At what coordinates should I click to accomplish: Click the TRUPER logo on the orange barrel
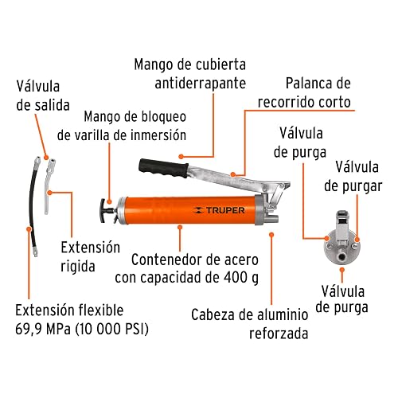(x=219, y=210)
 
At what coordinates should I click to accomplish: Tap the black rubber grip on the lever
(x=163, y=168)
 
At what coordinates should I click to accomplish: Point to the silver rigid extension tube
(x=49, y=185)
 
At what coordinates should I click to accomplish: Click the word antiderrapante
(x=201, y=84)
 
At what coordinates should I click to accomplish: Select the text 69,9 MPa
(x=43, y=329)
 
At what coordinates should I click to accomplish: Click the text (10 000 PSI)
(x=111, y=330)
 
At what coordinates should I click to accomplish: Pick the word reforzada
(x=279, y=334)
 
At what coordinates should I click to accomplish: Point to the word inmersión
(x=158, y=135)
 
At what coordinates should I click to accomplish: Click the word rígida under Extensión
(x=78, y=267)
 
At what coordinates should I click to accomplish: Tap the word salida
(x=53, y=105)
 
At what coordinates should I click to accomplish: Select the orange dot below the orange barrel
(x=180, y=227)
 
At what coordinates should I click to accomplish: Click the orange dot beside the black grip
(x=181, y=157)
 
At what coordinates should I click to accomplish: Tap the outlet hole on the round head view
(x=342, y=257)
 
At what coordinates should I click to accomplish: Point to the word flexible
(x=101, y=310)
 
